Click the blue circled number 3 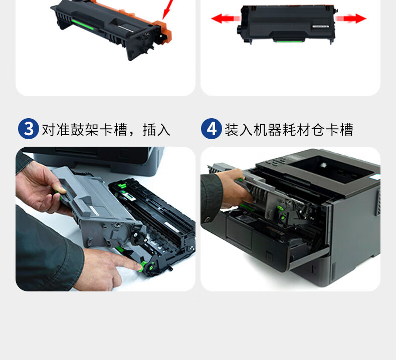29,129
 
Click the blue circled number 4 212,129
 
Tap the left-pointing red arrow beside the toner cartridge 226,19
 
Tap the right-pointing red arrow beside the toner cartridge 350,19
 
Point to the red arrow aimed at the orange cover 168,10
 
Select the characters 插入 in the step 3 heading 156,130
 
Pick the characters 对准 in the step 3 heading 56,130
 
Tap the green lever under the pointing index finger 143,266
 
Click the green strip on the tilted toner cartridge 83,24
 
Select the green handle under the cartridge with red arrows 289,41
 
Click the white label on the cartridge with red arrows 321,26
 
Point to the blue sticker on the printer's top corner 376,177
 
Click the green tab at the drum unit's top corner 122,186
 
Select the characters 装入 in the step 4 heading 239,130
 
